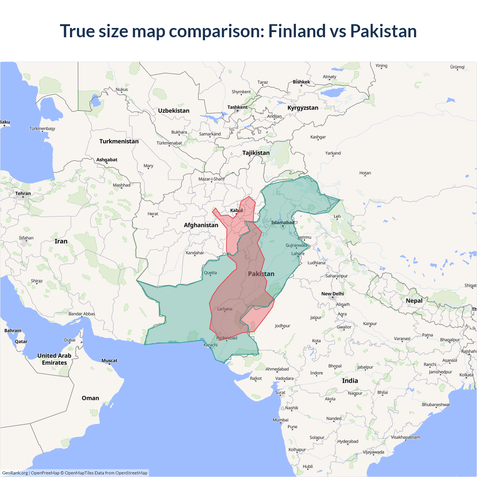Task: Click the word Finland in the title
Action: click(297, 31)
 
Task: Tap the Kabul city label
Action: click(236, 211)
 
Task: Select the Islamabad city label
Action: click(282, 223)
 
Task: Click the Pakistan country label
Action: click(261, 274)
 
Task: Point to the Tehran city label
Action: click(23, 193)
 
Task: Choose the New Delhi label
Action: click(332, 294)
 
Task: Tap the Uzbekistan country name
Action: click(174, 111)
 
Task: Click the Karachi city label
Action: click(211, 345)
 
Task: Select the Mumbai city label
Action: click(281, 420)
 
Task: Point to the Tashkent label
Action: click(237, 107)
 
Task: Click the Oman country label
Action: click(90, 398)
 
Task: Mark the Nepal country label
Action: click(414, 301)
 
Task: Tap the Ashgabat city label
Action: click(107, 160)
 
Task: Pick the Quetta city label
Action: click(210, 273)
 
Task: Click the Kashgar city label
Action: click(318, 137)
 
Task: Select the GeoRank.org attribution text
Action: click(15, 473)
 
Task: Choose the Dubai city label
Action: click(70, 340)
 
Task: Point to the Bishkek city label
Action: click(301, 82)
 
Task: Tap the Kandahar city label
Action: click(195, 253)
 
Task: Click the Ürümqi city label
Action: click(457, 67)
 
